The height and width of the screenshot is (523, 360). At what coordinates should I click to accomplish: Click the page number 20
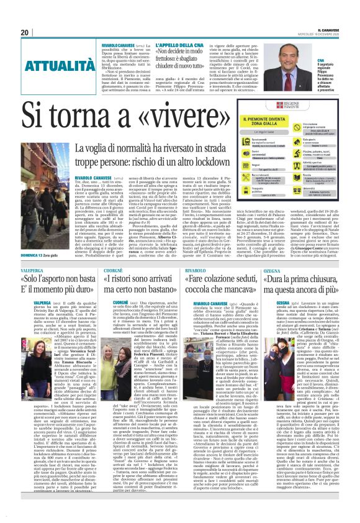(x=24, y=32)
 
